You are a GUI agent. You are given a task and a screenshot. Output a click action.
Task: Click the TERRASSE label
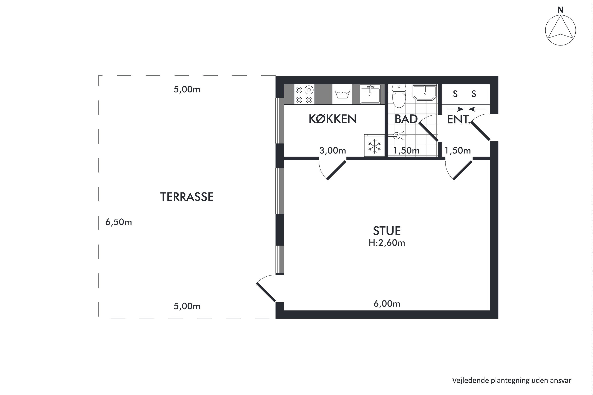(x=187, y=197)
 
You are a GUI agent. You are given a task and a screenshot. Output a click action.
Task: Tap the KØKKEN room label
(x=332, y=119)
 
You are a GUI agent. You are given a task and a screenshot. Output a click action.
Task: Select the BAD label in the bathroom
(x=406, y=119)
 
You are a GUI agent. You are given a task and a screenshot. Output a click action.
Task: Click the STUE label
(x=387, y=231)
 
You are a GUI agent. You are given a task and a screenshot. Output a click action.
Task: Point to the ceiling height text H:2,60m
(x=387, y=243)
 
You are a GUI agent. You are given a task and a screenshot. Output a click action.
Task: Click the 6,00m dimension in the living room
(x=387, y=304)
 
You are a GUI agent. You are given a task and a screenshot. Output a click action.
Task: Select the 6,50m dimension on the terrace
(x=118, y=222)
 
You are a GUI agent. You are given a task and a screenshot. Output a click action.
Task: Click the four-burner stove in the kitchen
(x=304, y=94)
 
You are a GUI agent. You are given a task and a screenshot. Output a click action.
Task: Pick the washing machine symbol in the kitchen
(x=342, y=94)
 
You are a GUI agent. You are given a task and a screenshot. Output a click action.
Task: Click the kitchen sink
(x=370, y=94)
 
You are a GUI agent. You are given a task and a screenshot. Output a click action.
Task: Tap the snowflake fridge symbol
(x=374, y=146)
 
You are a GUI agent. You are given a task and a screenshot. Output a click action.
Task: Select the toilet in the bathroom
(x=399, y=96)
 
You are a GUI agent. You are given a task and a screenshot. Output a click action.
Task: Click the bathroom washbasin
(x=425, y=92)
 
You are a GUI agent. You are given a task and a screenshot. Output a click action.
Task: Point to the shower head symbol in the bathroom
(x=397, y=136)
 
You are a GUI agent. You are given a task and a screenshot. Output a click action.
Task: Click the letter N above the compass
(x=560, y=10)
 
